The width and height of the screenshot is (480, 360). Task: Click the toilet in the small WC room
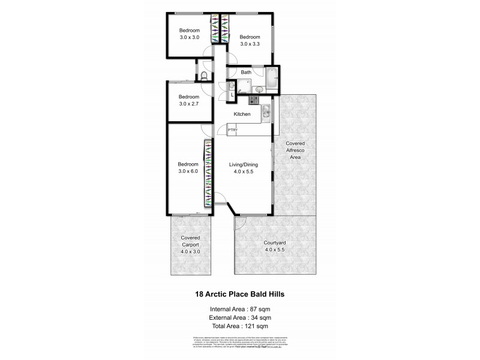[x=204, y=76]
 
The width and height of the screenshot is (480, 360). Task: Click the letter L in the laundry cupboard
[x=232, y=95]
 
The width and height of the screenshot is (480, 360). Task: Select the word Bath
[x=245, y=73]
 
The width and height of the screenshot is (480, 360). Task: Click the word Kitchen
[x=242, y=114]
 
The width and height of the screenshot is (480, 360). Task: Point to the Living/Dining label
[x=244, y=164]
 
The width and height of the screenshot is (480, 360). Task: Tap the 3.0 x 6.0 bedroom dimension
[x=188, y=171]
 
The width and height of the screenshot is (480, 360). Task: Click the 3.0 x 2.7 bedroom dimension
[x=188, y=104]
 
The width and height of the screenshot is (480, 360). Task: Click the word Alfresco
[x=295, y=150]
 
